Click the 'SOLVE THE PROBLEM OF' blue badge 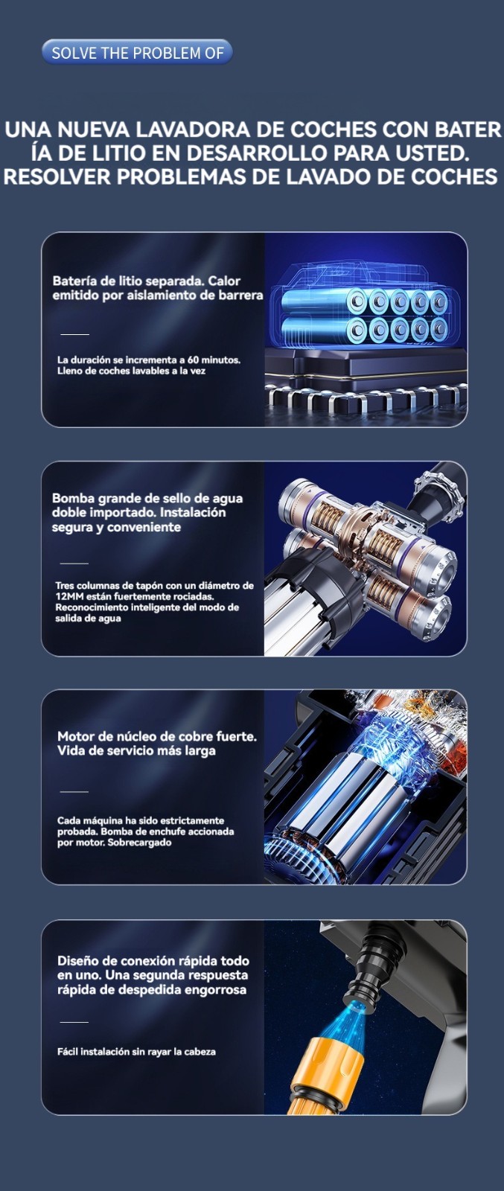(x=137, y=53)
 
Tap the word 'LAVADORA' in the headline (x=190, y=130)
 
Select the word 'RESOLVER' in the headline (x=57, y=176)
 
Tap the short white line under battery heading (x=75, y=334)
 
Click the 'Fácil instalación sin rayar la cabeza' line (x=137, y=1052)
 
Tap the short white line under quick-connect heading (x=74, y=1022)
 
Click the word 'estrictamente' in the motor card (x=192, y=820)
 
